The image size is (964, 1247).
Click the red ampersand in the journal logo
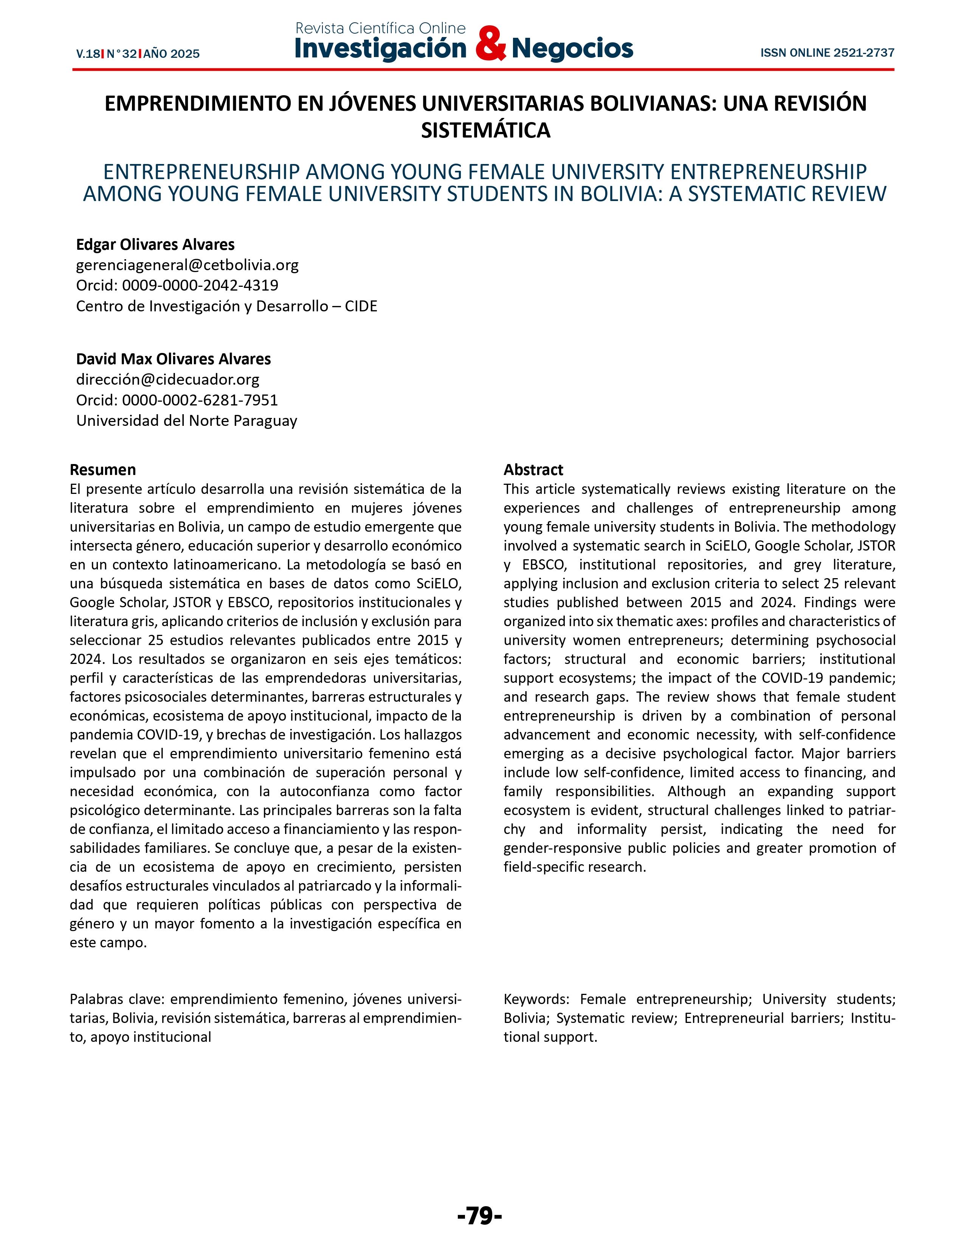point(490,44)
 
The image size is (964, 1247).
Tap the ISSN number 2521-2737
point(863,53)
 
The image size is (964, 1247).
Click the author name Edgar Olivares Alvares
point(155,244)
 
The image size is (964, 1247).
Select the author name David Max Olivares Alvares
point(174,359)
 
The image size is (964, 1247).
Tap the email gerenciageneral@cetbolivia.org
point(187,265)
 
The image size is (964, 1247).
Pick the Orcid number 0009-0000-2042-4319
point(200,285)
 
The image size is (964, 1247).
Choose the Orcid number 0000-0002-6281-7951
point(200,400)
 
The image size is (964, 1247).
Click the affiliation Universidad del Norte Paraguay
point(187,421)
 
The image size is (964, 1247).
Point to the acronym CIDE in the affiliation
point(361,306)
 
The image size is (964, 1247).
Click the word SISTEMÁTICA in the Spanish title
point(485,130)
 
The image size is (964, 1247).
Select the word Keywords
point(535,999)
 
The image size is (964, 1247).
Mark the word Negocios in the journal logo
point(572,48)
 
